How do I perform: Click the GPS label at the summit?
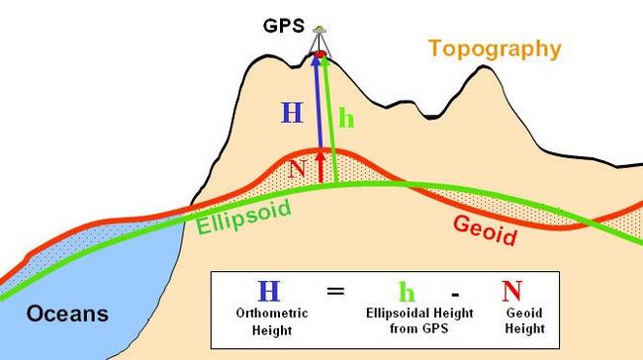[284, 28]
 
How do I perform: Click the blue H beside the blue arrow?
[292, 113]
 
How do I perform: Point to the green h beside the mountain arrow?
[346, 117]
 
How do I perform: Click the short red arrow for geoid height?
[320, 167]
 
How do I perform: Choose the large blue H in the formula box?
[267, 291]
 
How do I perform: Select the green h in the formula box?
[406, 292]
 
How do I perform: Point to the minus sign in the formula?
[455, 293]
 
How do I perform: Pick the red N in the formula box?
[511, 291]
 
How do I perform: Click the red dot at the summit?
[320, 53]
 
